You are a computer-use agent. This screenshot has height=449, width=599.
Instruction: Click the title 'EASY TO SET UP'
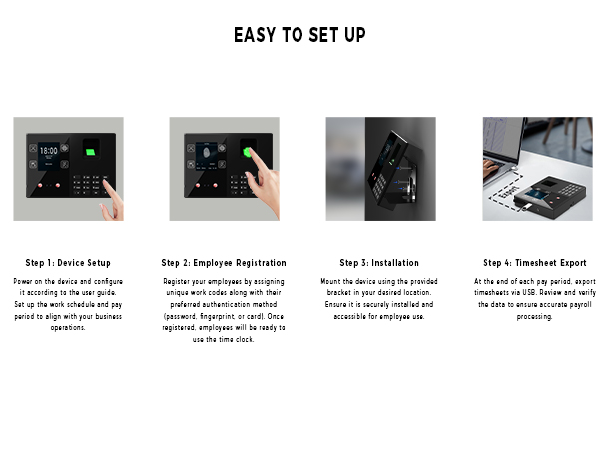pos(299,35)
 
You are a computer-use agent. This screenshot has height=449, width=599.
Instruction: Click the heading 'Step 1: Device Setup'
pos(68,263)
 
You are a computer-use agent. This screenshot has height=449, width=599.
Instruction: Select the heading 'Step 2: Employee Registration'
pos(224,263)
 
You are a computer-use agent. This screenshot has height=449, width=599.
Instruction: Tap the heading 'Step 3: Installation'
pos(379,263)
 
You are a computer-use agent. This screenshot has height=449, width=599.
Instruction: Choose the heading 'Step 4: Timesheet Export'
pos(535,263)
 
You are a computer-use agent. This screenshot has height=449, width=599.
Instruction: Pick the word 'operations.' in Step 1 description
pos(68,326)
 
